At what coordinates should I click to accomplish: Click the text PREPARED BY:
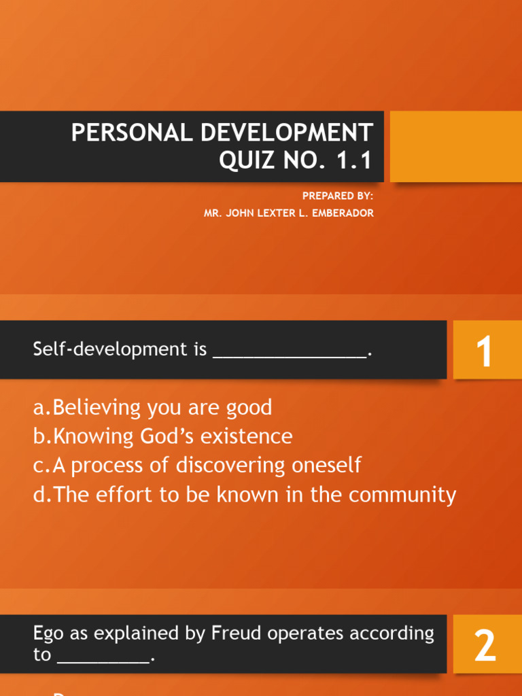pos(338,196)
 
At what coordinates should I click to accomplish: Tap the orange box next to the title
pos(455,146)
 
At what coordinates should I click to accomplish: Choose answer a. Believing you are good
pos(153,408)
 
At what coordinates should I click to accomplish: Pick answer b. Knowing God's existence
pos(163,436)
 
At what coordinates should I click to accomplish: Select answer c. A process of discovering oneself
pos(197,466)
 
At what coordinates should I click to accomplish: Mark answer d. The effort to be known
pos(245,495)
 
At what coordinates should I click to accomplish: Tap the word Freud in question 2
pos(236,633)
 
